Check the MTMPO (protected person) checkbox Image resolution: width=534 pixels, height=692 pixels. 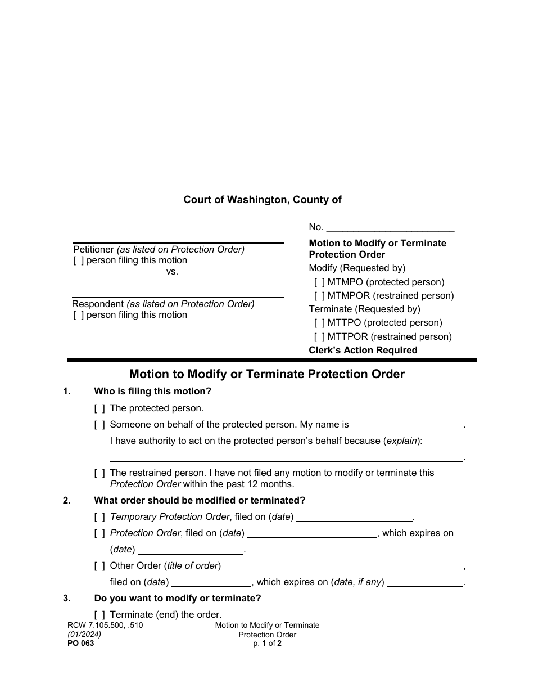[319, 282]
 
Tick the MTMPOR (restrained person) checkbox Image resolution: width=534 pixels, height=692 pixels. [319, 296]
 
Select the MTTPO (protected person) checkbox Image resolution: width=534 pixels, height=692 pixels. [319, 323]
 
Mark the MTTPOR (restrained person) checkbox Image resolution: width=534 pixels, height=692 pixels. [319, 337]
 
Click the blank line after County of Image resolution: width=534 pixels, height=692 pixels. [399, 201]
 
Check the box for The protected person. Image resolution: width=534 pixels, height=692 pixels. [99, 408]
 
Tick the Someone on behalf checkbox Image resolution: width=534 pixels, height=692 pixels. [99, 425]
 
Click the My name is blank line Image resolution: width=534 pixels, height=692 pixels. [408, 426]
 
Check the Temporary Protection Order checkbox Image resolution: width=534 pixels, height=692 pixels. [99, 517]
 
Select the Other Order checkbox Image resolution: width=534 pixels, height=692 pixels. [99, 566]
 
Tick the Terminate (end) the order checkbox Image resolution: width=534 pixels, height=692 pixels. [99, 615]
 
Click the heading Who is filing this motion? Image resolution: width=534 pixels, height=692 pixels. [153, 392]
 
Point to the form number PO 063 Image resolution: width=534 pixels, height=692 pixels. [79, 644]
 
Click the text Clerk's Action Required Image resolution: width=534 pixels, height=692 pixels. [363, 351]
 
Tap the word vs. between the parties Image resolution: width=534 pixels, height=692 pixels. [172, 272]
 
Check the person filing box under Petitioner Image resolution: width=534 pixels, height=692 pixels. [79, 261]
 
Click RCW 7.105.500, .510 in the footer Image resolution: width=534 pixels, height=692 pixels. [101, 626]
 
